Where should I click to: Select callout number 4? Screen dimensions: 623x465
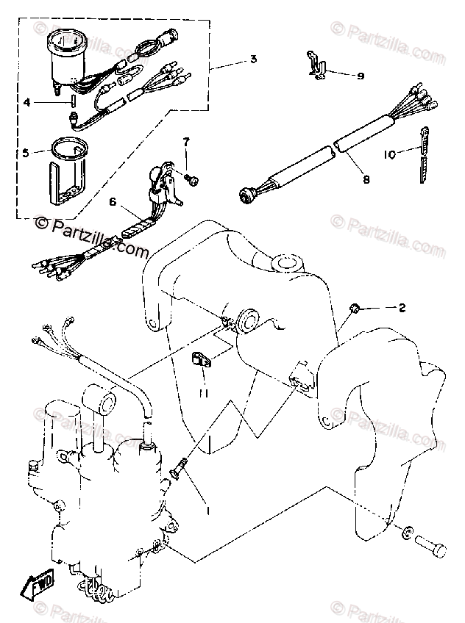(x=26, y=103)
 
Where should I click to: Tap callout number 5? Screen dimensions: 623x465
(x=26, y=153)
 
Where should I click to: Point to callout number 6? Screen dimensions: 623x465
(x=113, y=201)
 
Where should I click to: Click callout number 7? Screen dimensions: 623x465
(x=186, y=141)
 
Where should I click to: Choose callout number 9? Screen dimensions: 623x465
(x=360, y=75)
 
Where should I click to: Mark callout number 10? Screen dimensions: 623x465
(x=389, y=154)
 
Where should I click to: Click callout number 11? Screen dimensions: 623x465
(x=204, y=394)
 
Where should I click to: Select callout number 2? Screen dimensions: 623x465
(x=402, y=308)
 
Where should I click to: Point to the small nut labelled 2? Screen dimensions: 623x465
(x=354, y=306)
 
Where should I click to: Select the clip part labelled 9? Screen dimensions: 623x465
(x=314, y=64)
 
